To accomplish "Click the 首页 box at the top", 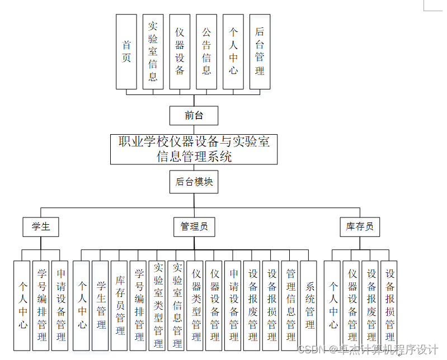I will pyautogui.click(x=126, y=51).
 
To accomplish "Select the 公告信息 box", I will pyautogui.click(x=206, y=51).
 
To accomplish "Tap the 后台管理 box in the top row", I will pyautogui.click(x=260, y=51).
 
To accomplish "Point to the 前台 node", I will pyautogui.click(x=194, y=116).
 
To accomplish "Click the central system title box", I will pyautogui.click(x=194, y=149).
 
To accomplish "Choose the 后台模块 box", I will pyautogui.click(x=194, y=182).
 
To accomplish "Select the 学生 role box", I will pyautogui.click(x=41, y=226).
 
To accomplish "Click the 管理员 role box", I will pyautogui.click(x=194, y=226).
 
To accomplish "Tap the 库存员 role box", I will pyautogui.click(x=359, y=226).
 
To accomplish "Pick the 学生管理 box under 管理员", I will pyautogui.click(x=101, y=305).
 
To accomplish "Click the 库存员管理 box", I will pyautogui.click(x=120, y=305).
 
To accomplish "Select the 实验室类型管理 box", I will pyautogui.click(x=158, y=305).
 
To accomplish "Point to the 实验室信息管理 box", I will pyautogui.click(x=177, y=305).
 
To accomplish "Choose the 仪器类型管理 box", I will pyautogui.click(x=196, y=305).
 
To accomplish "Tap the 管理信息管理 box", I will pyautogui.click(x=290, y=305).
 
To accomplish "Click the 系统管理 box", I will pyautogui.click(x=309, y=305).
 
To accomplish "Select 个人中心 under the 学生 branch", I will pyautogui.click(x=22, y=305).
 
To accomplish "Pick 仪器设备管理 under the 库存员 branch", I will pyautogui.click(x=352, y=305).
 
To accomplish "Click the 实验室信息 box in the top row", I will pyautogui.click(x=153, y=51).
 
